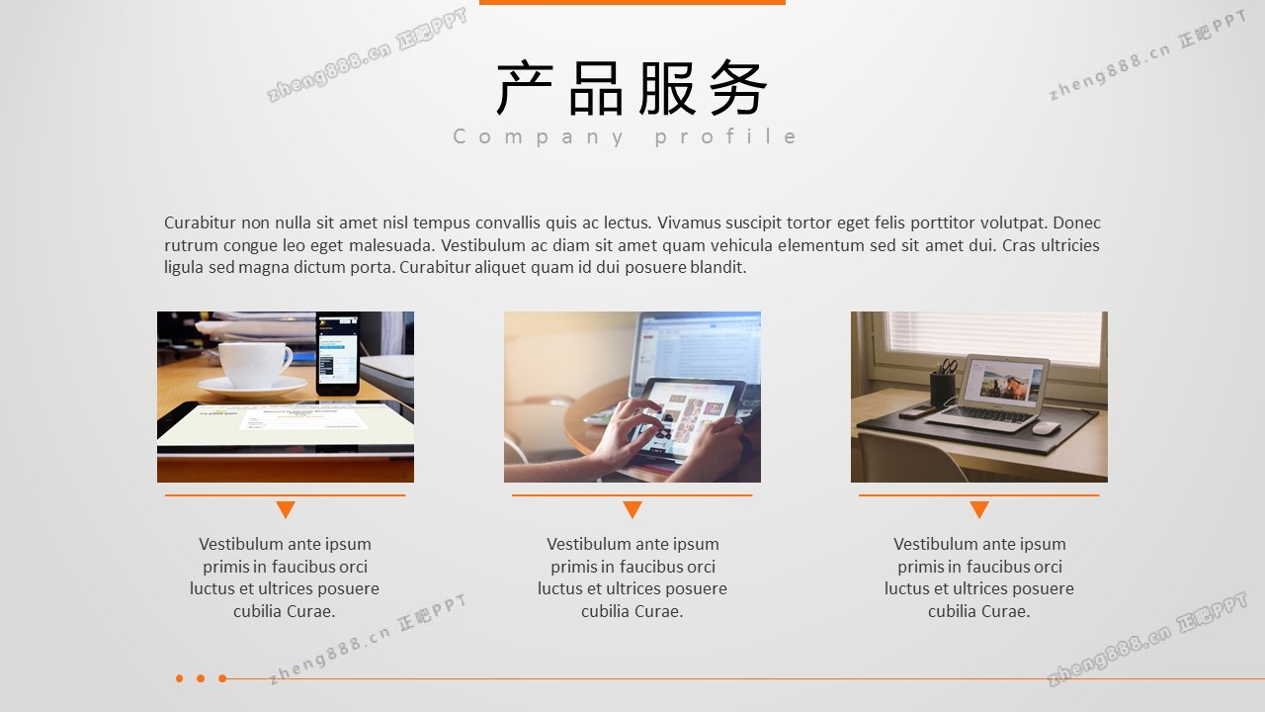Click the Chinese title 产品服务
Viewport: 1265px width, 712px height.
tap(632, 88)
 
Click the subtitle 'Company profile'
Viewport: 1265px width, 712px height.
tap(626, 136)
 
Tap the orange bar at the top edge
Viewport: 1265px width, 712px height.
tap(632, 2)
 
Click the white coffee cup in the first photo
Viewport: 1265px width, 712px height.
tap(254, 366)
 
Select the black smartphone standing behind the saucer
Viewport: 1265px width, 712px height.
tap(338, 354)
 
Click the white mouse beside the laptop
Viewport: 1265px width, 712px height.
tap(1046, 428)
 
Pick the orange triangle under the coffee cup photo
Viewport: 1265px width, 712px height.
tap(286, 508)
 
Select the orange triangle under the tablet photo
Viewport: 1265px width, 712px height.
tap(632, 508)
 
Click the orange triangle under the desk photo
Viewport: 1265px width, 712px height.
tap(979, 508)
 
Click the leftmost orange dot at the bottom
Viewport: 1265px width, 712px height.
tap(180, 678)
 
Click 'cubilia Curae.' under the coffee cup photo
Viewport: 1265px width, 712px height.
tap(285, 611)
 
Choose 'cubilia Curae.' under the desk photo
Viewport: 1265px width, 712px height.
tap(979, 611)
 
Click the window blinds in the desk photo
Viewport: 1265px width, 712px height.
tap(995, 338)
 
